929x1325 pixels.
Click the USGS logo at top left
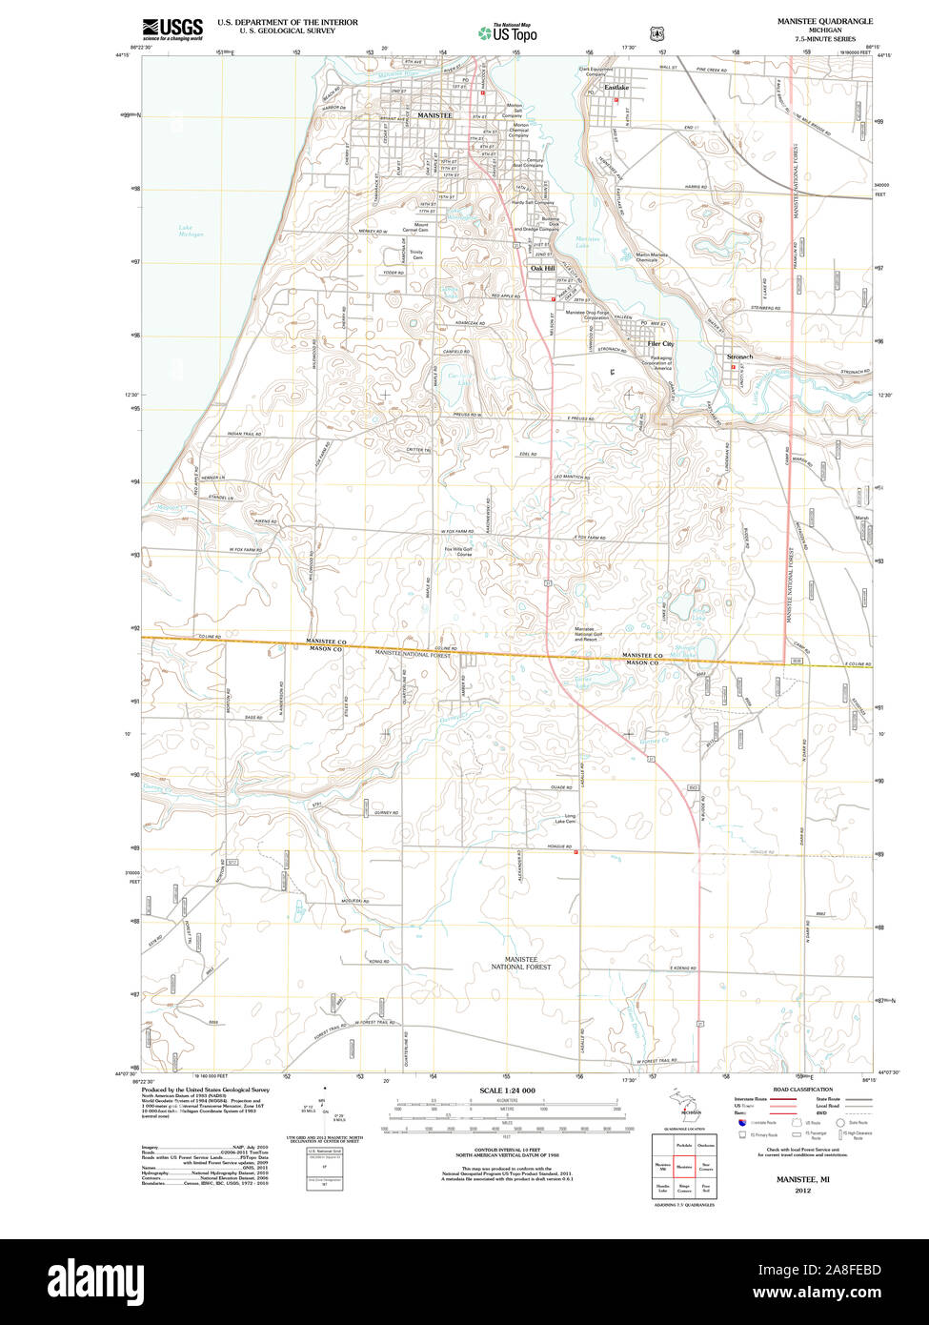tap(172, 29)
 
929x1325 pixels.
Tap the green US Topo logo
tap(508, 34)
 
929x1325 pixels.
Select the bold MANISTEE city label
tap(434, 115)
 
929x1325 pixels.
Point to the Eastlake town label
tap(616, 88)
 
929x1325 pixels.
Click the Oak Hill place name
tap(541, 269)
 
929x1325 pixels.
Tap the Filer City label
tap(660, 343)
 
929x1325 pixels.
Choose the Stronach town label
tap(739, 357)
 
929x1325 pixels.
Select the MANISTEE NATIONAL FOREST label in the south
tap(520, 962)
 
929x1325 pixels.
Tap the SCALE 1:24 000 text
tap(507, 1091)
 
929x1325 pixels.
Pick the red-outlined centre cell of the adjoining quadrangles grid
tap(683, 1165)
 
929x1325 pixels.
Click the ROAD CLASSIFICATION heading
tap(802, 1090)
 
